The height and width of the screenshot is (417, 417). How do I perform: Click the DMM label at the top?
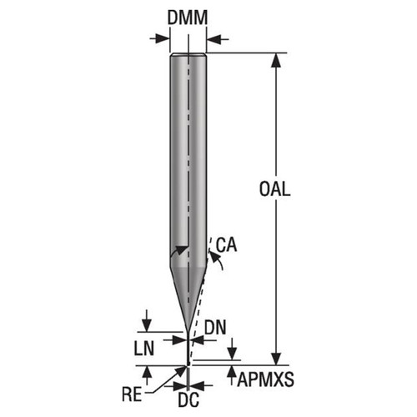click(188, 18)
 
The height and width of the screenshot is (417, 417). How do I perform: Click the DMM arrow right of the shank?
click(214, 38)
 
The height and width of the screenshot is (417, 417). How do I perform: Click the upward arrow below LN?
click(147, 371)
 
